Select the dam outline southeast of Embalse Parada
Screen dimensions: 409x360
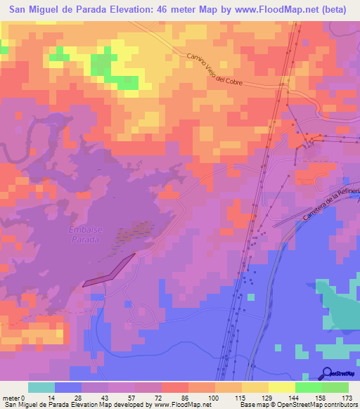108,271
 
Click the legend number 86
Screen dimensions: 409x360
174,398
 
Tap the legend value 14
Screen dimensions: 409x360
54,398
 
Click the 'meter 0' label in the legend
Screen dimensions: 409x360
14,398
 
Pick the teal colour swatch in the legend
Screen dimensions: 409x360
41,387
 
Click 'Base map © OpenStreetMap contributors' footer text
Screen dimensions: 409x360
298,405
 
